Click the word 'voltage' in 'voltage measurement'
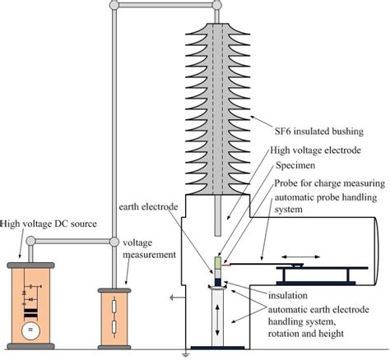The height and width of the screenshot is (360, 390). [139, 244]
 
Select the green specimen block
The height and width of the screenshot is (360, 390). [217, 264]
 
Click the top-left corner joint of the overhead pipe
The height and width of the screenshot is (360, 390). [114, 7]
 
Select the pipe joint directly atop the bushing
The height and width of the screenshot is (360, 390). [217, 7]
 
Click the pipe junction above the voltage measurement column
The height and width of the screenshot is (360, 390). [114, 242]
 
